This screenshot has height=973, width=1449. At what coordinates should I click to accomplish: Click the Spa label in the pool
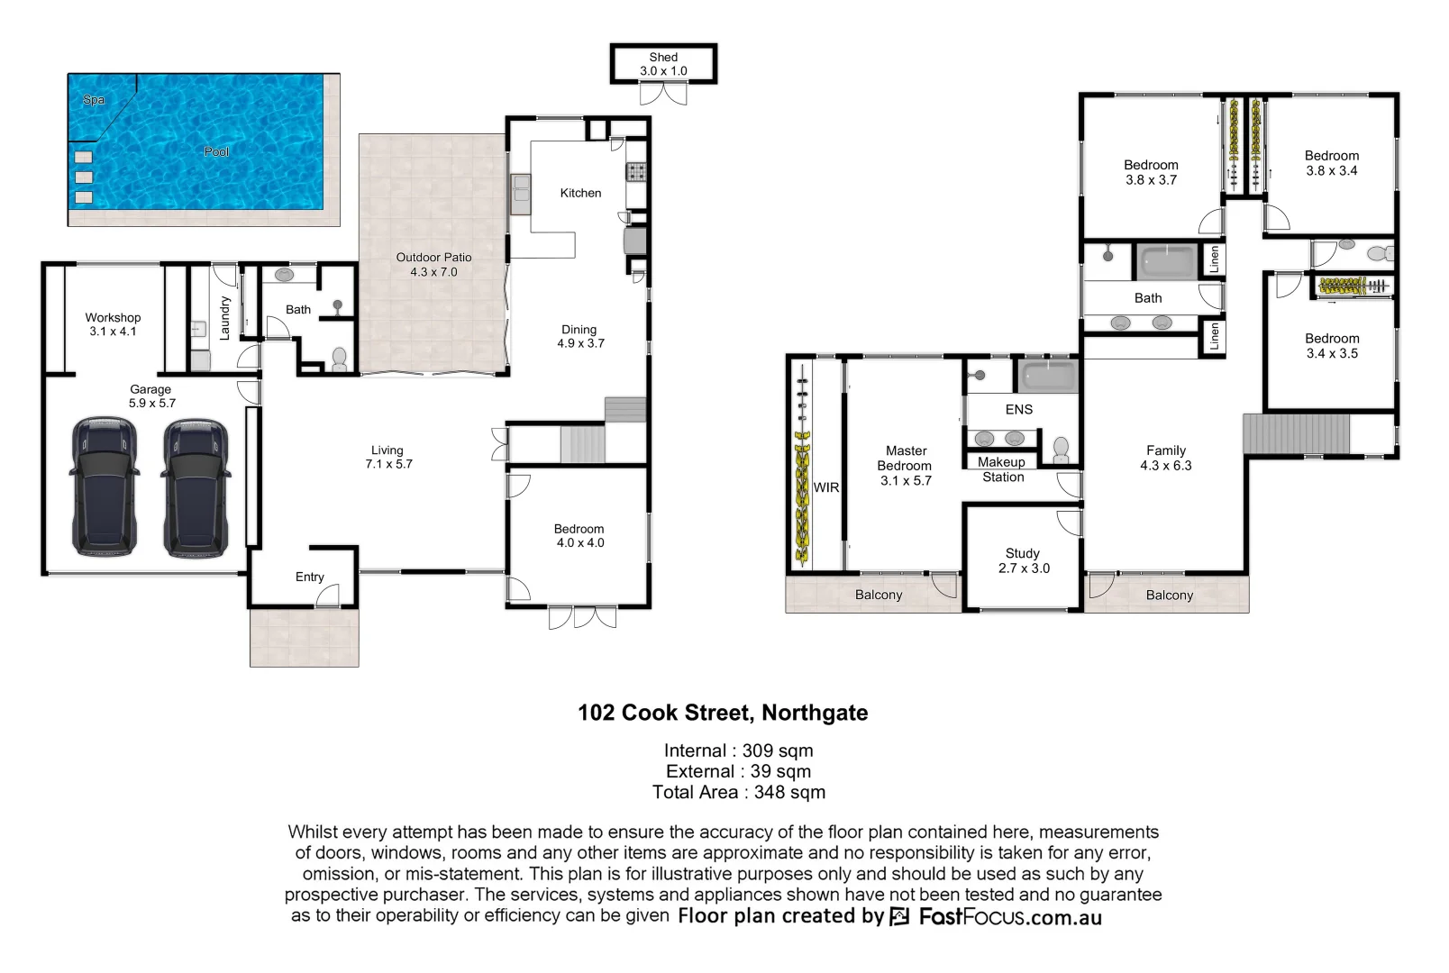[x=94, y=100]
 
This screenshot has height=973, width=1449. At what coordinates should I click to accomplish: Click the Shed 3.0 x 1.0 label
[x=663, y=64]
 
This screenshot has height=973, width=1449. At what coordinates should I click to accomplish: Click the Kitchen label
[x=580, y=193]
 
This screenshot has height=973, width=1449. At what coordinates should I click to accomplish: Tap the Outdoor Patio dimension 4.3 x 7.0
[x=433, y=272]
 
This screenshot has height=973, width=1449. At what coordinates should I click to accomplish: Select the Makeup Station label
[x=1002, y=469]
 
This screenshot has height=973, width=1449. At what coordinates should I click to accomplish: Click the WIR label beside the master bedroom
[x=826, y=487]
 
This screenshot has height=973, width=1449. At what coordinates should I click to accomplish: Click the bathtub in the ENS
[x=1047, y=376]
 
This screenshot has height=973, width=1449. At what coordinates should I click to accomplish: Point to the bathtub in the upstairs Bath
[x=1168, y=262]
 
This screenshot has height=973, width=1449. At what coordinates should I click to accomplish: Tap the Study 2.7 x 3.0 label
[x=1023, y=560]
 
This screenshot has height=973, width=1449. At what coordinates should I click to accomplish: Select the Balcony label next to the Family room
[x=1169, y=595]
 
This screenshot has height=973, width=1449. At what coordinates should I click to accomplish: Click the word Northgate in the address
[x=815, y=713]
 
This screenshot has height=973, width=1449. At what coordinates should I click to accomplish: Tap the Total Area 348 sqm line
[x=739, y=792]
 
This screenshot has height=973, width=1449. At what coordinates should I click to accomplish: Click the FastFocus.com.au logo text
[x=1009, y=917]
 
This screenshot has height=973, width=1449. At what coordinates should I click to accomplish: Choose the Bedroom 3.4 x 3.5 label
[x=1332, y=346]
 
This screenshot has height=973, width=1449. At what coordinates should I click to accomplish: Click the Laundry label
[x=225, y=317]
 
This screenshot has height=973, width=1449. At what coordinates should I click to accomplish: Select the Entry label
[x=309, y=577]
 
